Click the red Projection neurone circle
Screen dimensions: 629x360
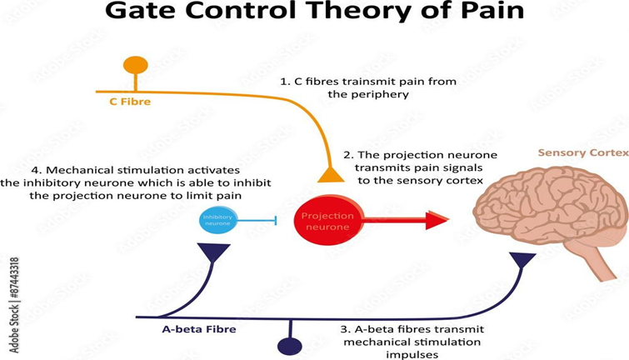tap(329, 220)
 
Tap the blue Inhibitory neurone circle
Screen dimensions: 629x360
tap(218, 220)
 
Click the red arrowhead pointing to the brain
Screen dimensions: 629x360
tap(437, 219)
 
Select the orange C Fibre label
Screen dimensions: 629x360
tap(130, 102)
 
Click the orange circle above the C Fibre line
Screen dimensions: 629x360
tap(136, 65)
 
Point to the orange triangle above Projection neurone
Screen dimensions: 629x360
tap(331, 174)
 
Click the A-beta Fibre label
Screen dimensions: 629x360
tap(199, 329)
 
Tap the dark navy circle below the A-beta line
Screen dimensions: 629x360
tap(290, 347)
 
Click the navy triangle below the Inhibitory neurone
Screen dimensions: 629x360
tap(213, 252)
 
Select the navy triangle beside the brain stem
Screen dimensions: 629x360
tap(522, 260)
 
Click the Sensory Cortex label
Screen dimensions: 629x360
tap(583, 152)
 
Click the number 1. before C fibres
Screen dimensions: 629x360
tap(285, 82)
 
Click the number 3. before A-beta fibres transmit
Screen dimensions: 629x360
tap(346, 329)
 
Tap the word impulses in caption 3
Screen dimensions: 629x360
tap(412, 355)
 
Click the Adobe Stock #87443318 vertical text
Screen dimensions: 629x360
tap(14, 305)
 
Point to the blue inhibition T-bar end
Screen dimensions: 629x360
tap(276, 220)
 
